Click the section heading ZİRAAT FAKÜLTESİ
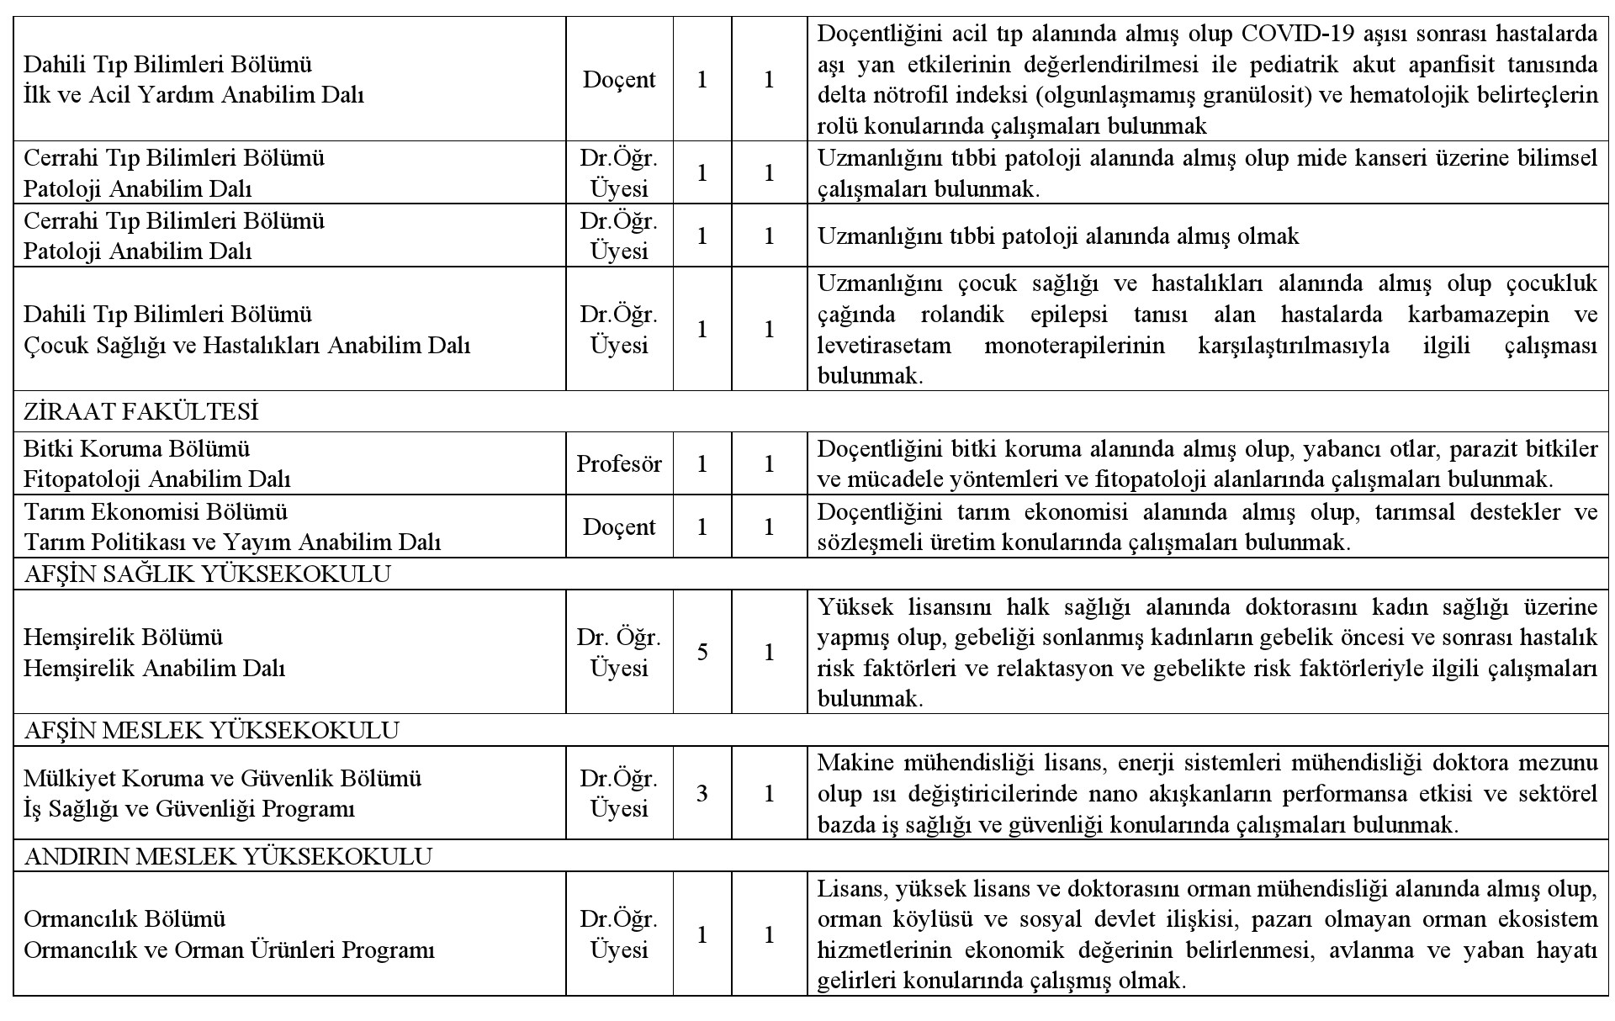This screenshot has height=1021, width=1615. pyautogui.click(x=141, y=412)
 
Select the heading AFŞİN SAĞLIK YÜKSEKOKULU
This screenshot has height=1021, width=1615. pyautogui.click(x=208, y=574)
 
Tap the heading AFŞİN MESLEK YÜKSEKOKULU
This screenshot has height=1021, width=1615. pyautogui.click(x=212, y=731)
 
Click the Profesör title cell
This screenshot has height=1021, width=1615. pyautogui.click(x=619, y=463)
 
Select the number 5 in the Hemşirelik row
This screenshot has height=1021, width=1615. pyautogui.click(x=702, y=653)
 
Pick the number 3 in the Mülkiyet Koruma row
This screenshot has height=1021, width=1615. pyautogui.click(x=702, y=794)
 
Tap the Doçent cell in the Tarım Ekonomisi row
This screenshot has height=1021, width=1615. pyautogui.click(x=619, y=527)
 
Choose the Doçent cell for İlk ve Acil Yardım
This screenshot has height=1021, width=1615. pyautogui.click(x=619, y=80)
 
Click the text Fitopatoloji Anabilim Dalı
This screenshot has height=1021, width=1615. pyautogui.click(x=157, y=479)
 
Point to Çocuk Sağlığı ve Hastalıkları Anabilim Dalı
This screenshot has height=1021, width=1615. pyautogui.click(x=246, y=346)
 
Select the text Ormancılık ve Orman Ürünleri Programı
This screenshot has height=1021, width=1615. pyautogui.click(x=230, y=950)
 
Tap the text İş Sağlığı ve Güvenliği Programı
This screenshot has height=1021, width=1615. pyautogui.click(x=189, y=809)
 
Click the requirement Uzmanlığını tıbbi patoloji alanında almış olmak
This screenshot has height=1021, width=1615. pyautogui.click(x=1058, y=236)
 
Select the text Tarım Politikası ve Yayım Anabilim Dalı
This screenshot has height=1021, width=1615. pyautogui.click(x=232, y=542)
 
